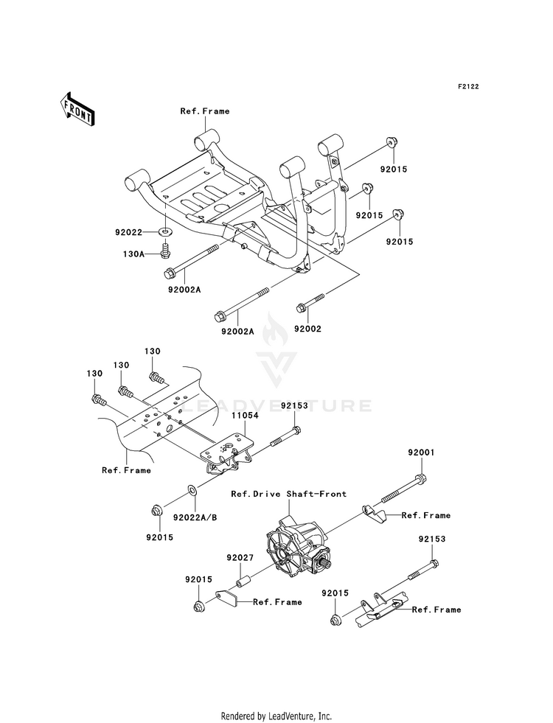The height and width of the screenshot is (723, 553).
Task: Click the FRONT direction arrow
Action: [77, 109]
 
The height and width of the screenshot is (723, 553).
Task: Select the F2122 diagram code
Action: [468, 86]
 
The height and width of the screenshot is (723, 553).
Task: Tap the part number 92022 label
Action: [129, 232]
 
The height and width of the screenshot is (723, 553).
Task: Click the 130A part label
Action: [133, 254]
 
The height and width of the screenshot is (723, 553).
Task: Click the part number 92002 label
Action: [307, 329]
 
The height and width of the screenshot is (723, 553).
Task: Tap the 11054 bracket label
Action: [245, 415]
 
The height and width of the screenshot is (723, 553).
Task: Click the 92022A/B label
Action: [195, 517]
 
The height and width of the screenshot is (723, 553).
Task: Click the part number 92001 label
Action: [421, 453]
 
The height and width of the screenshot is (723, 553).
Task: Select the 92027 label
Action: [240, 557]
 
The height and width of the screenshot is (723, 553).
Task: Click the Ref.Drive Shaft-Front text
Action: [289, 494]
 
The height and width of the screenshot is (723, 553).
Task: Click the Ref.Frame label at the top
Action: [205, 111]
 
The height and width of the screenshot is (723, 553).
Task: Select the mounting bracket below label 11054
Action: [228, 453]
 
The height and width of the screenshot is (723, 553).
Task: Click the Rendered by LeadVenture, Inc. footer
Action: [276, 716]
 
